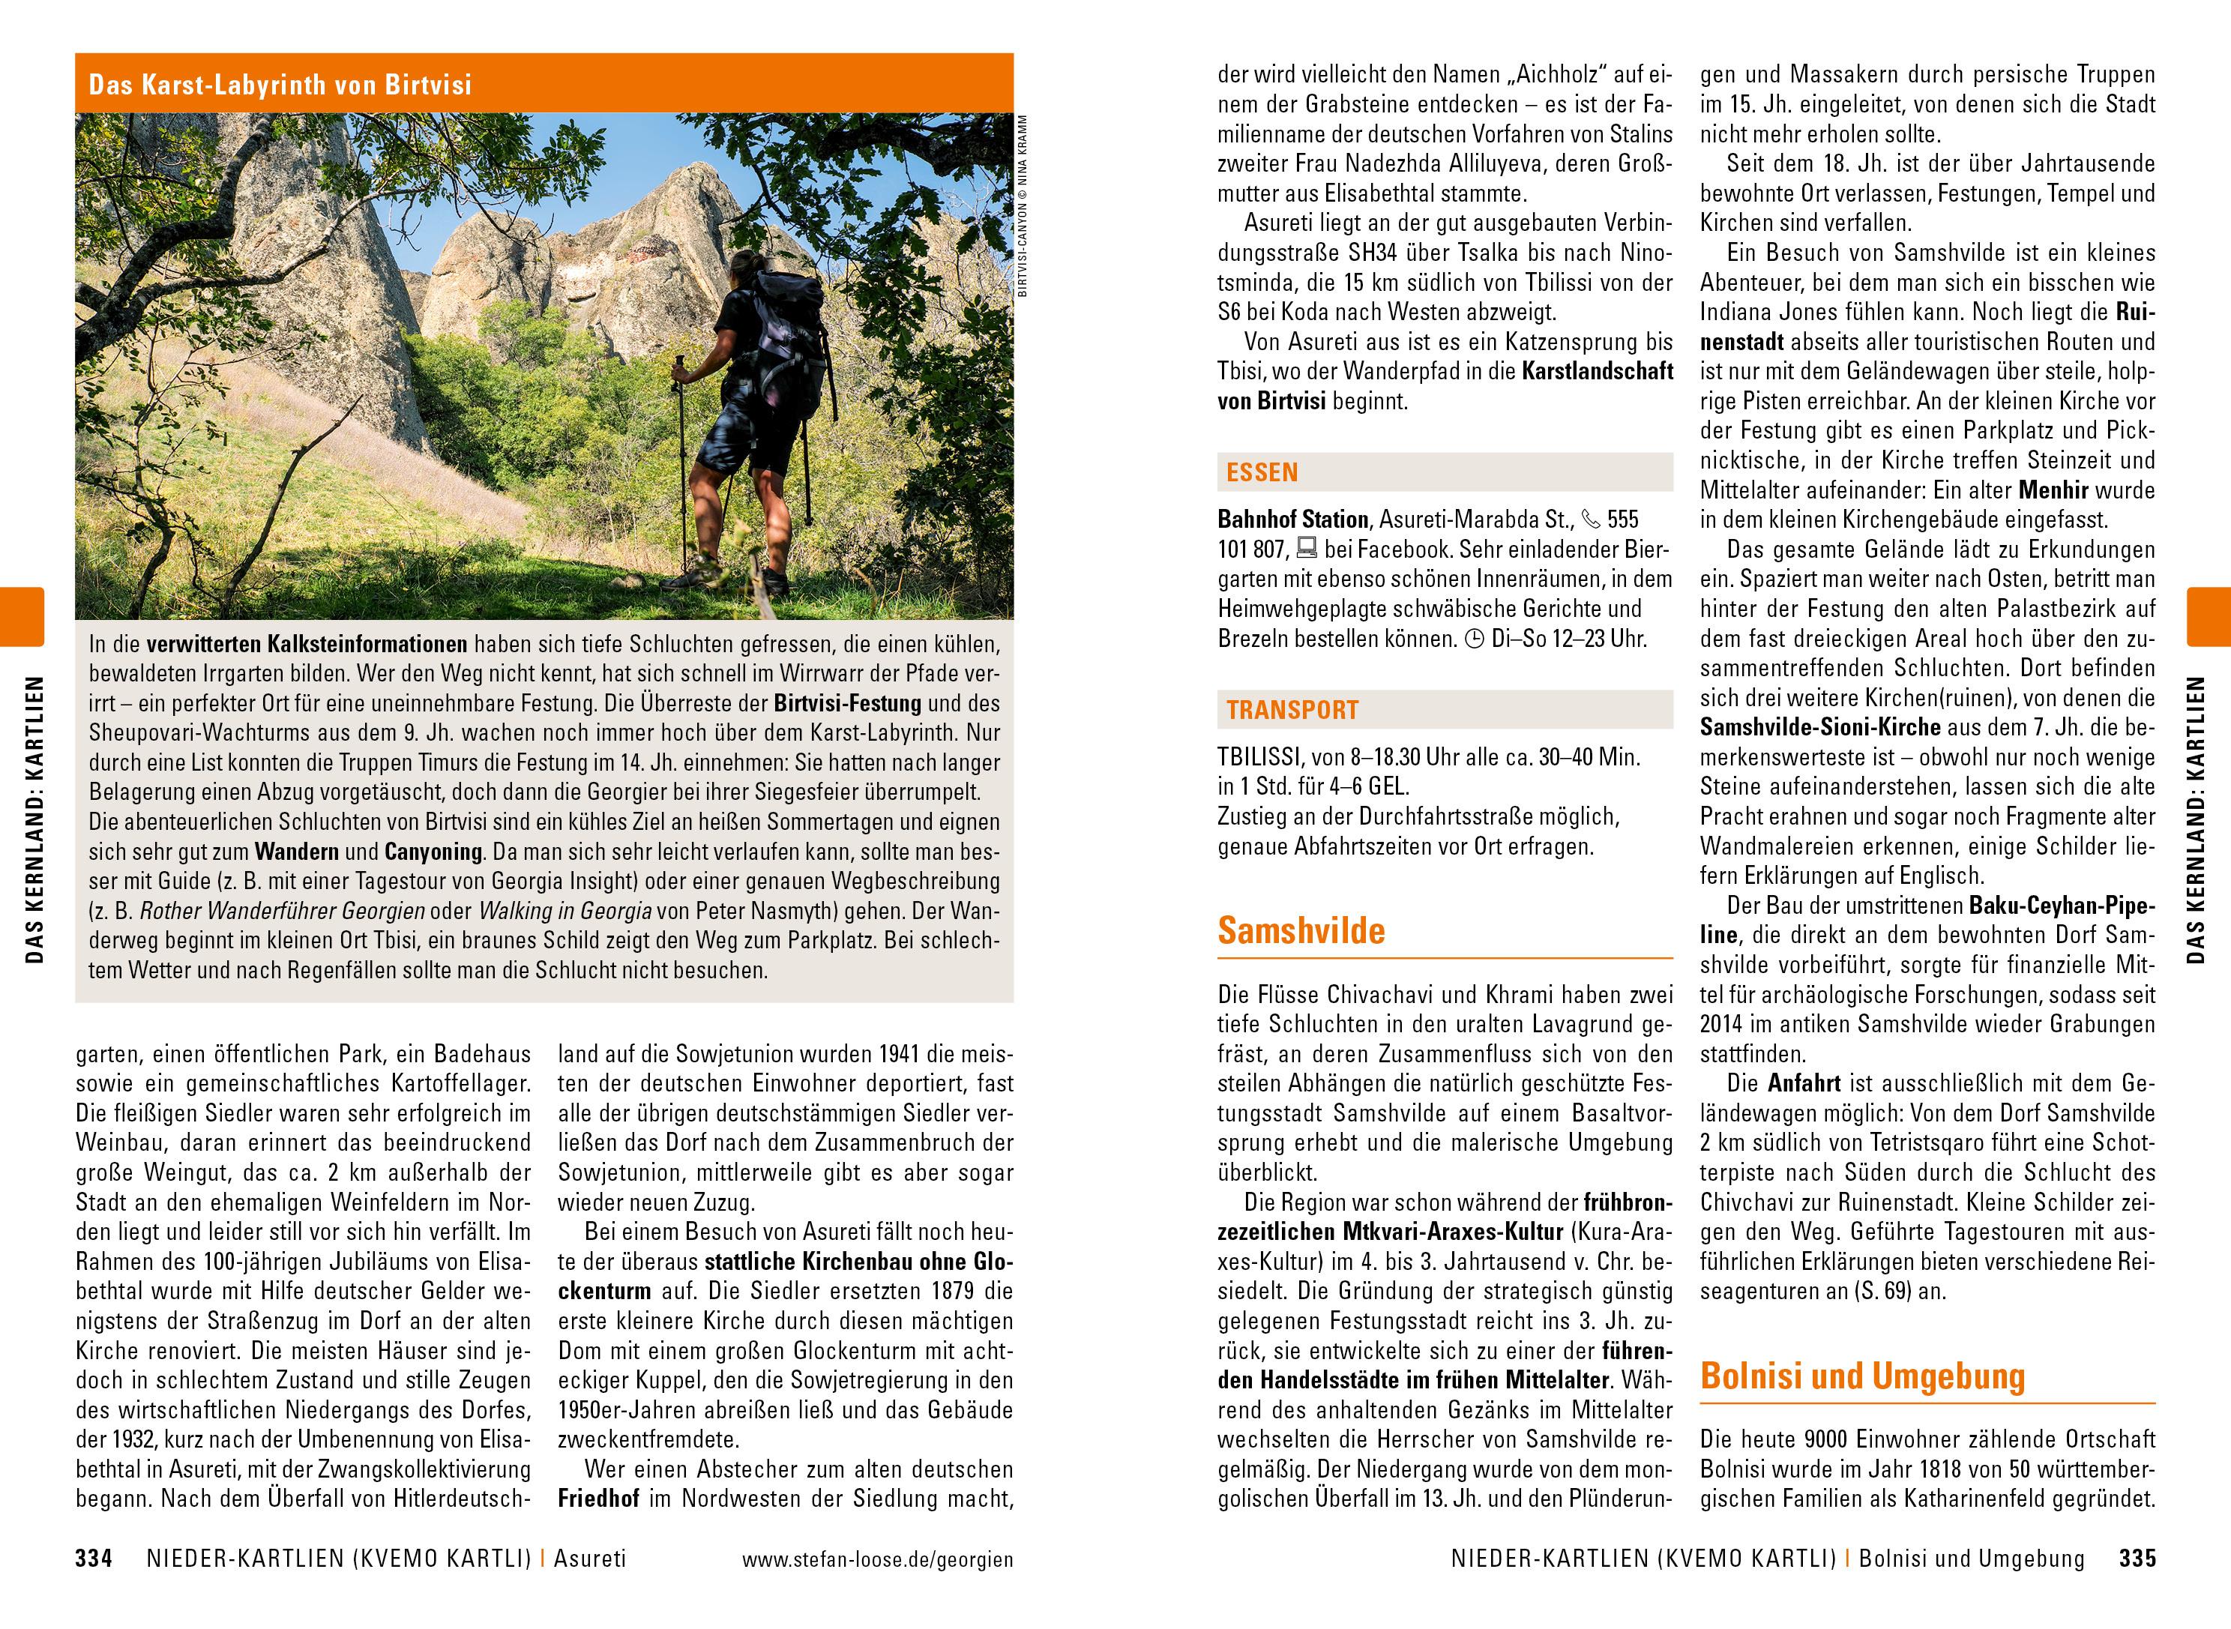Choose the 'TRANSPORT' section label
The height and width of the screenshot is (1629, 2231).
click(1292, 710)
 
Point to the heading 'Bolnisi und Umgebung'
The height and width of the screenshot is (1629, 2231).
click(1862, 1376)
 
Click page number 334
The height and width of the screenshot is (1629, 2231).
click(94, 1559)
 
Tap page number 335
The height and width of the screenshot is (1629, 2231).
click(2137, 1559)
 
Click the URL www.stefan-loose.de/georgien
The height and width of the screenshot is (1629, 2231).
click(877, 1560)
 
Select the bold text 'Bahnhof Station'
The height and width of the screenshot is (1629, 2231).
click(1293, 520)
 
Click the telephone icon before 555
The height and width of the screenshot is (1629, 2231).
click(1592, 519)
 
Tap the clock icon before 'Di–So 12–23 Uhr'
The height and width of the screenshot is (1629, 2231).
click(1475, 639)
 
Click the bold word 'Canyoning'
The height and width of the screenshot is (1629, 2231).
click(433, 852)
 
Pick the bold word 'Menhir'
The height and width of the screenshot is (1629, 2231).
click(2053, 490)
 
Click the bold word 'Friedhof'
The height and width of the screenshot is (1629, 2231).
click(598, 1499)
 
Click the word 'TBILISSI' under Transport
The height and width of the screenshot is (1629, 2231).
click(1257, 757)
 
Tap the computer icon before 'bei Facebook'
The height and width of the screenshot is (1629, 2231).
click(1306, 549)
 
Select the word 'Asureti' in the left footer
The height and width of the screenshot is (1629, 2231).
click(589, 1559)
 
